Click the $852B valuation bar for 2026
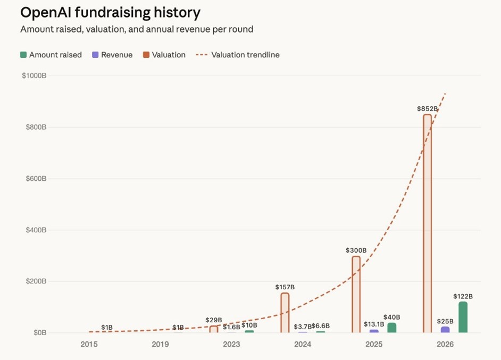point(427,223)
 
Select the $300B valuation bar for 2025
point(356,295)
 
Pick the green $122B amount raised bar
point(463,317)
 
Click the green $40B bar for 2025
point(392,328)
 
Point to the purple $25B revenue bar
point(445,330)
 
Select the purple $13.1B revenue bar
point(374,331)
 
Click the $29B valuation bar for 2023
point(214,329)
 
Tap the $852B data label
point(427,108)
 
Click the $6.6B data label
point(320,326)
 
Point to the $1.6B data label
point(231,326)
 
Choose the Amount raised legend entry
point(51,55)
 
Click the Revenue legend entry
point(112,55)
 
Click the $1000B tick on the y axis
point(34,76)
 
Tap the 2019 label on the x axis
point(160,345)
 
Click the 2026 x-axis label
point(445,345)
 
